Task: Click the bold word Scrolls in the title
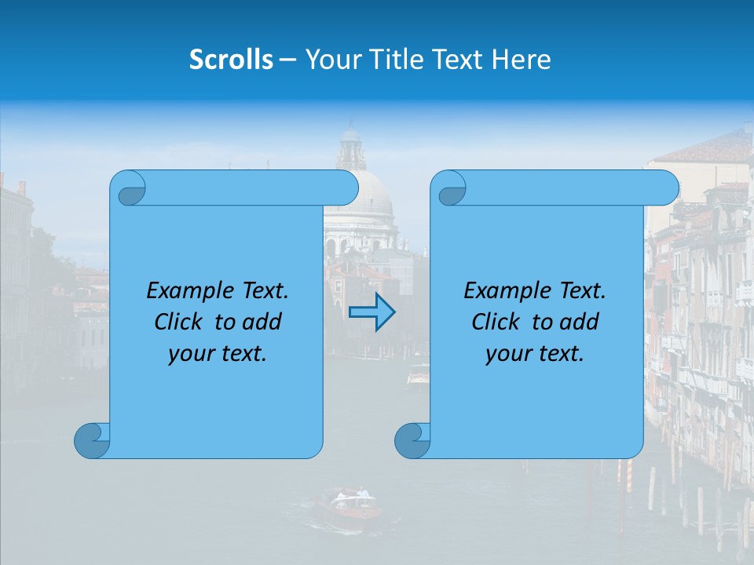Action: coord(232,60)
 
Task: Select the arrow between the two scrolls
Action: coord(372,312)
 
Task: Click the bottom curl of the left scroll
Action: coord(91,440)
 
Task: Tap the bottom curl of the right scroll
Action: coord(412,440)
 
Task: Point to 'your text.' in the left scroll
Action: coord(218,353)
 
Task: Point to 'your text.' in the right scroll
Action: coord(535,353)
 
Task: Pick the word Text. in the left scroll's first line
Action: coord(263,291)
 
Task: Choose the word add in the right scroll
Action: coord(581,322)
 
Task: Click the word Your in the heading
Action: coord(329,60)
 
